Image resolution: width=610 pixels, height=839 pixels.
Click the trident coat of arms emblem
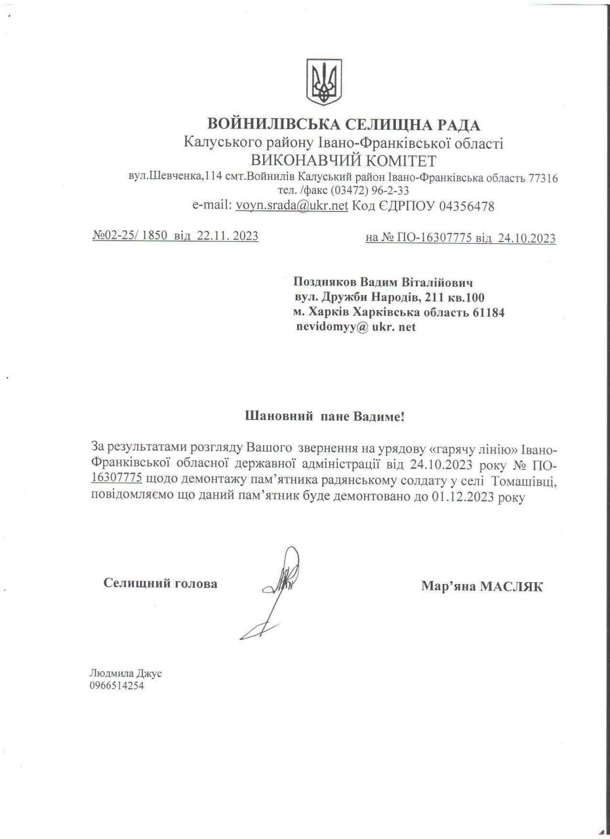[324, 82]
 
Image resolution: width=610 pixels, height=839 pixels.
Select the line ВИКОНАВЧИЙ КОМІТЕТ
[343, 161]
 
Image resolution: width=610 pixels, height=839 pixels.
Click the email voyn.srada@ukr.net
[292, 206]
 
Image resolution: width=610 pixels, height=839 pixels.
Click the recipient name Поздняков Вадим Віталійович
[384, 283]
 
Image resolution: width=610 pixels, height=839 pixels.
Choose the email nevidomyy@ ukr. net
[356, 326]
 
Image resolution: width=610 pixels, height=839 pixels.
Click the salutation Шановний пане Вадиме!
[329, 416]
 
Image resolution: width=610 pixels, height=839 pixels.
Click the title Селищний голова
[161, 583]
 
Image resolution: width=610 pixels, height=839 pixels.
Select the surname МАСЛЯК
[512, 587]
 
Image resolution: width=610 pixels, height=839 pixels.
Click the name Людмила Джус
[125, 673]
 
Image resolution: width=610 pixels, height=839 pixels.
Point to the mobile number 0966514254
[117, 686]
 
